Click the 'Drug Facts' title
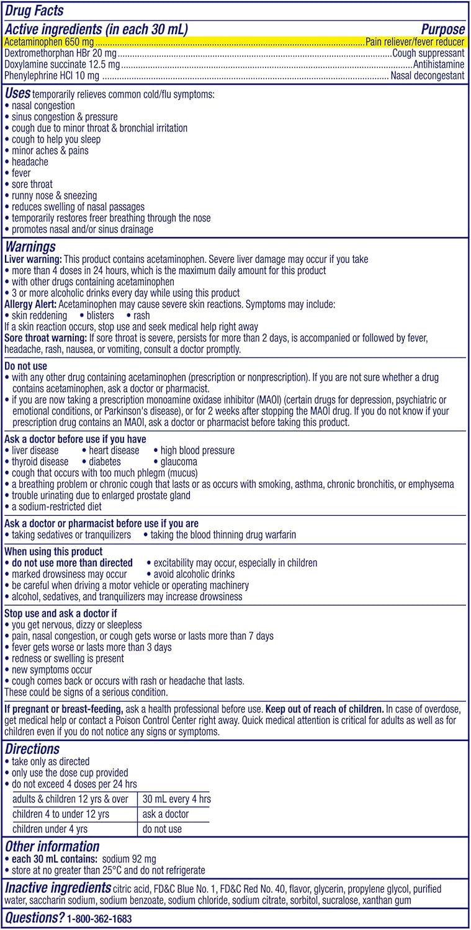(34, 11)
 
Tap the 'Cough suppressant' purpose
(428, 53)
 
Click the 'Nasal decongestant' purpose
(427, 76)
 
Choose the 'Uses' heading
(17, 94)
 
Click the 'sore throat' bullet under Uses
(32, 184)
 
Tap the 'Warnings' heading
(30, 247)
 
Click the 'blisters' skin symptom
(100, 316)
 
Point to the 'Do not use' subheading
(25, 366)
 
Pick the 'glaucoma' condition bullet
(179, 462)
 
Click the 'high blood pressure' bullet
(197, 451)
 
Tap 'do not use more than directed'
(72, 563)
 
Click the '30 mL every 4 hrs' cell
(177, 799)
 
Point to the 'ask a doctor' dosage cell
(166, 814)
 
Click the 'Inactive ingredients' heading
(58, 888)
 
